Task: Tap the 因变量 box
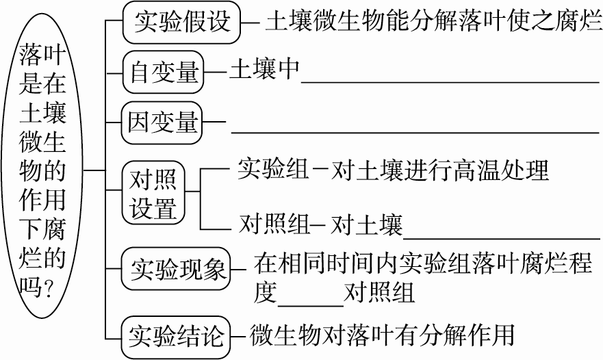pyautogui.click(x=163, y=123)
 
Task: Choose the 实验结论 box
pyautogui.click(x=177, y=336)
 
